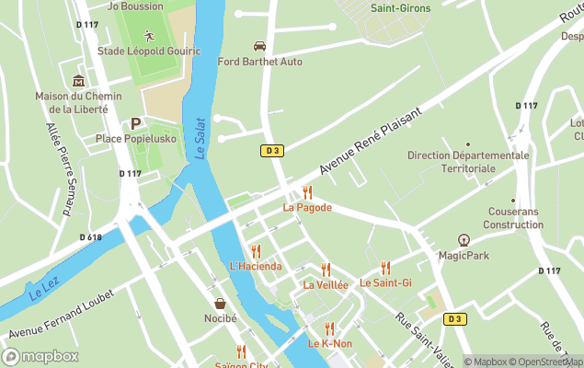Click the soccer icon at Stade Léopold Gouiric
click(x=148, y=36)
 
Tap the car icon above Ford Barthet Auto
click(x=259, y=46)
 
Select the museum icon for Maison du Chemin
click(x=78, y=81)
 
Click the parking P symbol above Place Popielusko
click(x=135, y=123)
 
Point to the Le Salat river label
click(x=199, y=138)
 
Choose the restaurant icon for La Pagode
click(x=307, y=192)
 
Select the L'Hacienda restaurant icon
click(x=256, y=251)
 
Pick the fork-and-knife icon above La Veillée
click(x=326, y=270)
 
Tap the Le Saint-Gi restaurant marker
click(x=385, y=268)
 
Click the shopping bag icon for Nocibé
click(x=220, y=303)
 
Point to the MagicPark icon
click(x=464, y=240)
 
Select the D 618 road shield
click(x=91, y=237)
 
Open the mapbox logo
click(x=40, y=356)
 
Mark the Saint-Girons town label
click(x=401, y=7)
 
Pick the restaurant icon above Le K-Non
click(x=329, y=328)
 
